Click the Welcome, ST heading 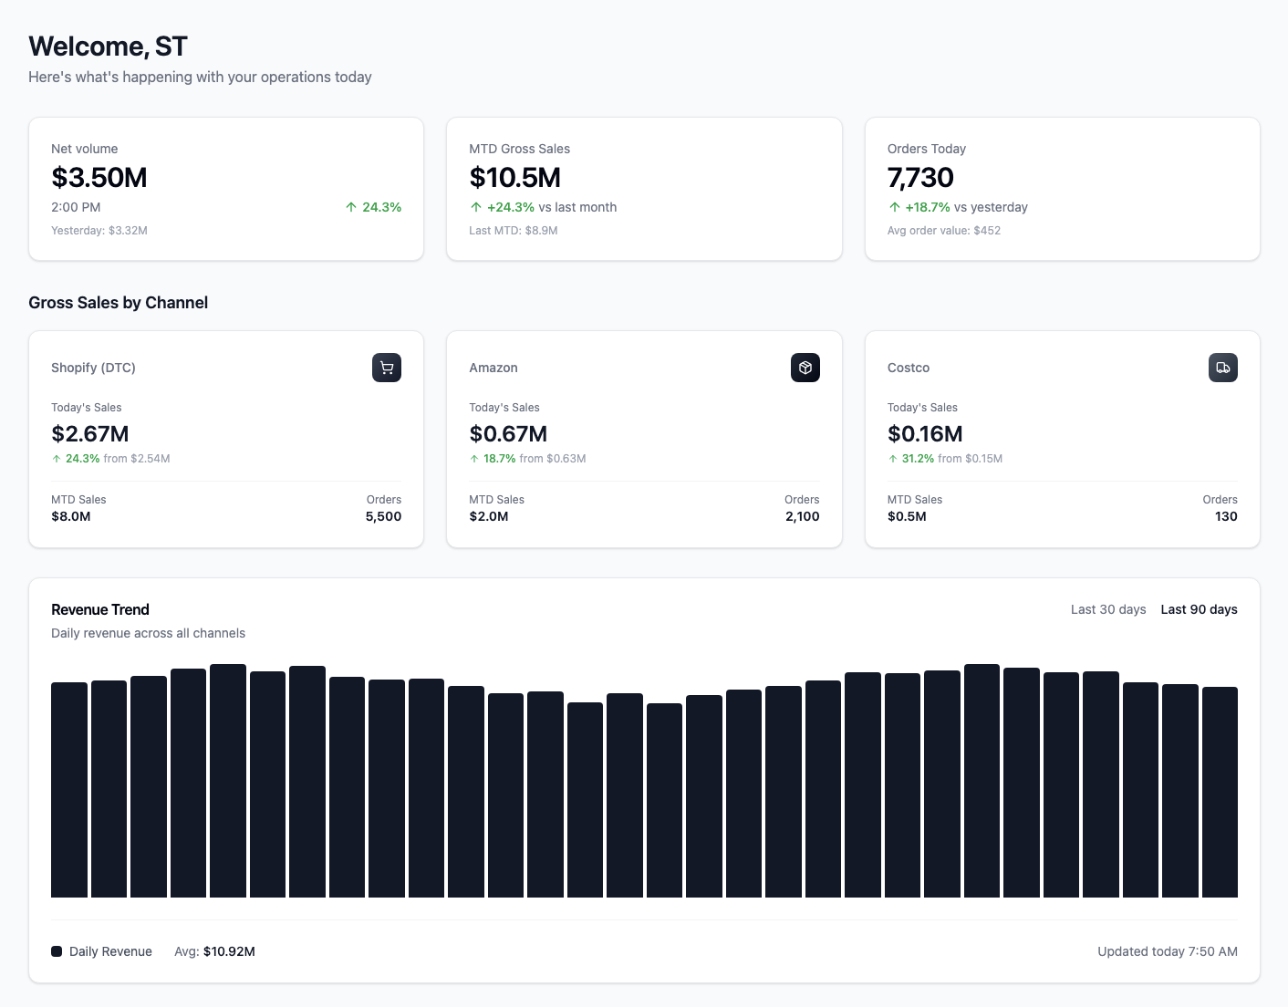[x=108, y=47]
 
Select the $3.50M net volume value [x=99, y=178]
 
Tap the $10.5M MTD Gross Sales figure [x=514, y=178]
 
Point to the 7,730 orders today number [x=920, y=178]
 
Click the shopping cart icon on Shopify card [x=387, y=368]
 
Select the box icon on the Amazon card [x=805, y=368]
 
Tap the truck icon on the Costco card [x=1222, y=368]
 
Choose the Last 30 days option [x=1107, y=609]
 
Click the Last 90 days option [x=1199, y=609]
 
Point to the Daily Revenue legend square [x=57, y=951]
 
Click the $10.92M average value [x=229, y=951]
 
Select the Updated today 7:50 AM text [x=1167, y=951]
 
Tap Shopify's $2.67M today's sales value [x=90, y=434]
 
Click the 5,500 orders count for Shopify [x=383, y=516]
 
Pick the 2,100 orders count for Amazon [x=802, y=516]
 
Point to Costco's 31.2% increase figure [x=918, y=459]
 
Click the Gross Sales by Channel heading [x=119, y=303]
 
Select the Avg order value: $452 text [x=943, y=231]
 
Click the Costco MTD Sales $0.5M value [x=907, y=516]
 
